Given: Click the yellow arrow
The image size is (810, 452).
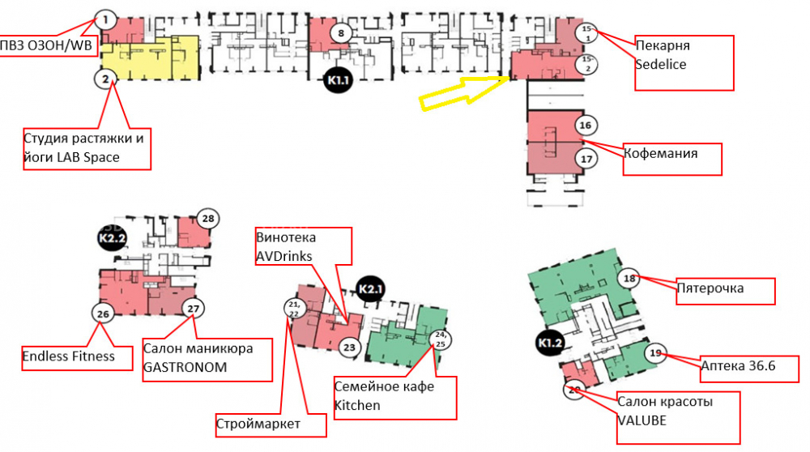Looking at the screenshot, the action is coord(465,92).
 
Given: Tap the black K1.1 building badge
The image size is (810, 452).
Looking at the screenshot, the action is coord(338,80).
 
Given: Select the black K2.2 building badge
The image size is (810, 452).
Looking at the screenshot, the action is coord(113,238).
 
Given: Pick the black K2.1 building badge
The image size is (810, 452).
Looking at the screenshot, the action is coord(370,289).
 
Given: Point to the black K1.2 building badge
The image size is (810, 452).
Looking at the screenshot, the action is coord(550,343).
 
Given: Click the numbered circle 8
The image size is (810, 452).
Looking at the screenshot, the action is coord(340,33).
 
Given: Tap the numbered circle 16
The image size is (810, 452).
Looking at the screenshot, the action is coord(586,125).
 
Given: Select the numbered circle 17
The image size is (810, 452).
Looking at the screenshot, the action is coord(586,159).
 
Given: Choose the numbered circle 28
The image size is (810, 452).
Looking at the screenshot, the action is coord(208,219).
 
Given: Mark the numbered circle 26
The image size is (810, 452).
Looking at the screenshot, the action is coord(103,313).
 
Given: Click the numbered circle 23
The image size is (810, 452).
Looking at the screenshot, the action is coord(350,348).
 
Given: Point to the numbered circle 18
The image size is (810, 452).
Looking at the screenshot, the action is coord(629,279).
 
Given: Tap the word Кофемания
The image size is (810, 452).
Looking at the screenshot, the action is coord(661,153).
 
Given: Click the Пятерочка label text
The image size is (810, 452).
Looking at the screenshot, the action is coord(710,288).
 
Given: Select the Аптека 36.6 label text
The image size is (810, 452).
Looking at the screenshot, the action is coord(738,366).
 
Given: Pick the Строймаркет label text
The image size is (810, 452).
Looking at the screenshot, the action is coord(258,424).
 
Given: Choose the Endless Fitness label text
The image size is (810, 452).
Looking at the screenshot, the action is coord(68,356).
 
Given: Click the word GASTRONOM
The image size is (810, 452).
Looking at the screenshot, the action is coord(185,367).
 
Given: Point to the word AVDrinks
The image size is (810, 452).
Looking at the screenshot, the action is coord(284,256).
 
